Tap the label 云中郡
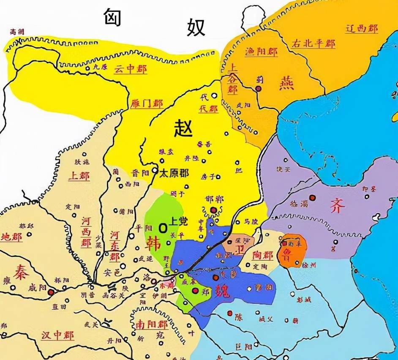coord(131,70)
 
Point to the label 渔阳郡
coord(261,52)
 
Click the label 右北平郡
coord(313,44)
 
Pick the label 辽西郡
coord(361,29)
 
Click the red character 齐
coord(338,206)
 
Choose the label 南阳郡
coord(151,325)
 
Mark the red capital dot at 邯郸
coord(214,210)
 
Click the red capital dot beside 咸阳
coord(51,292)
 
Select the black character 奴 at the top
coord(196,27)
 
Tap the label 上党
coord(178,221)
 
